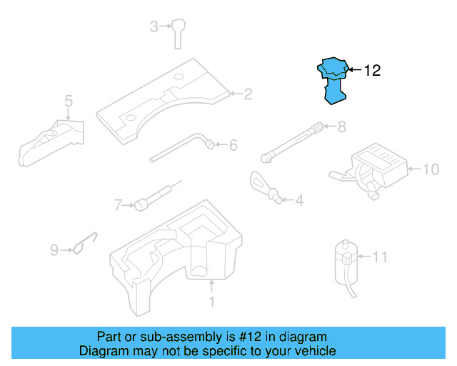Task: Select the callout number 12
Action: (x=372, y=70)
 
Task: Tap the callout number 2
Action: (x=248, y=94)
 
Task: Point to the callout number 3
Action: (x=154, y=27)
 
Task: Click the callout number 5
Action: (x=69, y=101)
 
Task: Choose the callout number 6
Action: (x=232, y=146)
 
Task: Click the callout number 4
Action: (x=298, y=201)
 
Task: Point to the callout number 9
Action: (x=54, y=250)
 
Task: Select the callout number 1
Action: (x=211, y=302)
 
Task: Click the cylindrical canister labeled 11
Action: (x=344, y=259)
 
